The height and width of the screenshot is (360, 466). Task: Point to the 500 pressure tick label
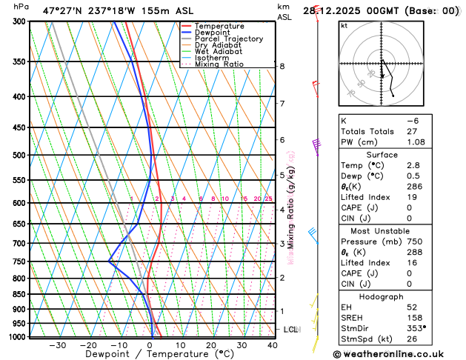pyautogui.click(x=19, y=156)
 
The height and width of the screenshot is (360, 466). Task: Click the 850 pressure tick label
pyautogui.click(x=19, y=295)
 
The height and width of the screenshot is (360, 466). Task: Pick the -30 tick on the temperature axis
pyautogui.click(x=58, y=344)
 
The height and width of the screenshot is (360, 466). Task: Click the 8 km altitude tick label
pyautogui.click(x=282, y=67)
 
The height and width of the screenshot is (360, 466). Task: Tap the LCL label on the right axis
pyautogui.click(x=290, y=329)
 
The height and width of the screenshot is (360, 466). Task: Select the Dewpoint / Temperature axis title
pyautogui.click(x=150, y=355)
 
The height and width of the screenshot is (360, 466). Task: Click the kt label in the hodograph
pyautogui.click(x=344, y=26)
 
